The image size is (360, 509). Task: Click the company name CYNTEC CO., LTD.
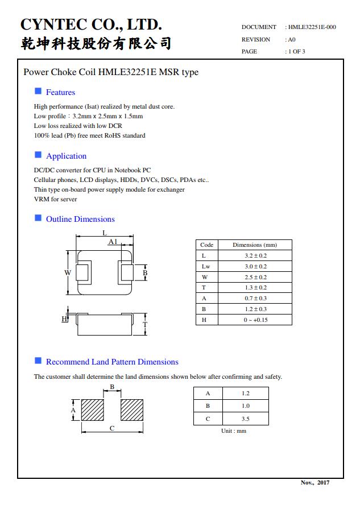click(x=91, y=24)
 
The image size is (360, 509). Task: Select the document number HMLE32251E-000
click(x=312, y=27)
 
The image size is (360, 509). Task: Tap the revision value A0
click(x=292, y=39)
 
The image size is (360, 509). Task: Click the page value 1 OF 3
click(x=296, y=51)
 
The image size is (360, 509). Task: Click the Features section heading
click(x=60, y=92)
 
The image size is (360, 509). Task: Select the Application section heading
click(x=66, y=156)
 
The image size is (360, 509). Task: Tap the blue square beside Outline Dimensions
click(x=38, y=218)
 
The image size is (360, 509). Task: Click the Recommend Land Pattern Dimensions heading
click(x=112, y=362)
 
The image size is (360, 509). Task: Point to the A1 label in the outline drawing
click(x=113, y=242)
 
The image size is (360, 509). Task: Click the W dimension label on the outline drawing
click(x=68, y=273)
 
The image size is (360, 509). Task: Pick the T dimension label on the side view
click(x=145, y=325)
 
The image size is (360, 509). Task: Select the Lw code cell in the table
click(x=206, y=266)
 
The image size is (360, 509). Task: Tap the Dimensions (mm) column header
click(x=255, y=245)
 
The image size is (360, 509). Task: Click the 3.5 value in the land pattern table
click(x=245, y=419)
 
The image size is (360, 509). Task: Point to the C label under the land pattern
click(x=112, y=428)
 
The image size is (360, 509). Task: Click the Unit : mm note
click(x=234, y=431)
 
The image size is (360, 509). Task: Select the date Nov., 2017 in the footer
click(x=315, y=482)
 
